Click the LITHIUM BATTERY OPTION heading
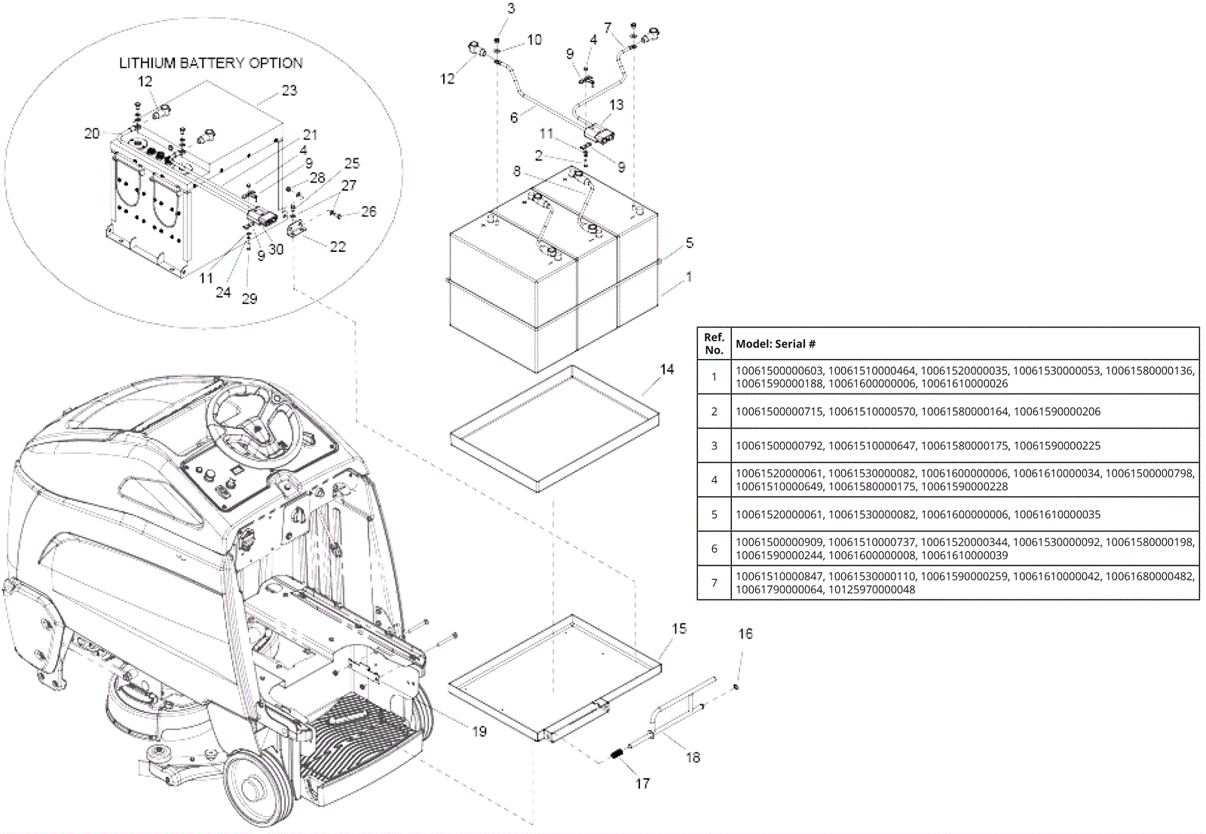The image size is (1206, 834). coord(210,63)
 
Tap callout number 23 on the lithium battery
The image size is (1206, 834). coord(289,90)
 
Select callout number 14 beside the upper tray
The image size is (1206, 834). coord(666,369)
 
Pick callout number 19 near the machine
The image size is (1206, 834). coord(479,731)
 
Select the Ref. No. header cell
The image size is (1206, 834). coord(714,343)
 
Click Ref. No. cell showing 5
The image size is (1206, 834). coord(714,514)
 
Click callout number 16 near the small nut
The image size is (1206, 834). coord(745,633)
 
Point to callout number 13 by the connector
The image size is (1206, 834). coord(616,105)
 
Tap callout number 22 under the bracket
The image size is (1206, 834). coord(338,247)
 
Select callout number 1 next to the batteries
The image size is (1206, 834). coord(689,277)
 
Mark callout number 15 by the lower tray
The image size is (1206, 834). coord(679,628)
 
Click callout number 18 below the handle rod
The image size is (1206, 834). coord(693,758)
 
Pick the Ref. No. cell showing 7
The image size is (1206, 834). coord(714,582)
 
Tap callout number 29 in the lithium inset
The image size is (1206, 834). coord(249,299)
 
